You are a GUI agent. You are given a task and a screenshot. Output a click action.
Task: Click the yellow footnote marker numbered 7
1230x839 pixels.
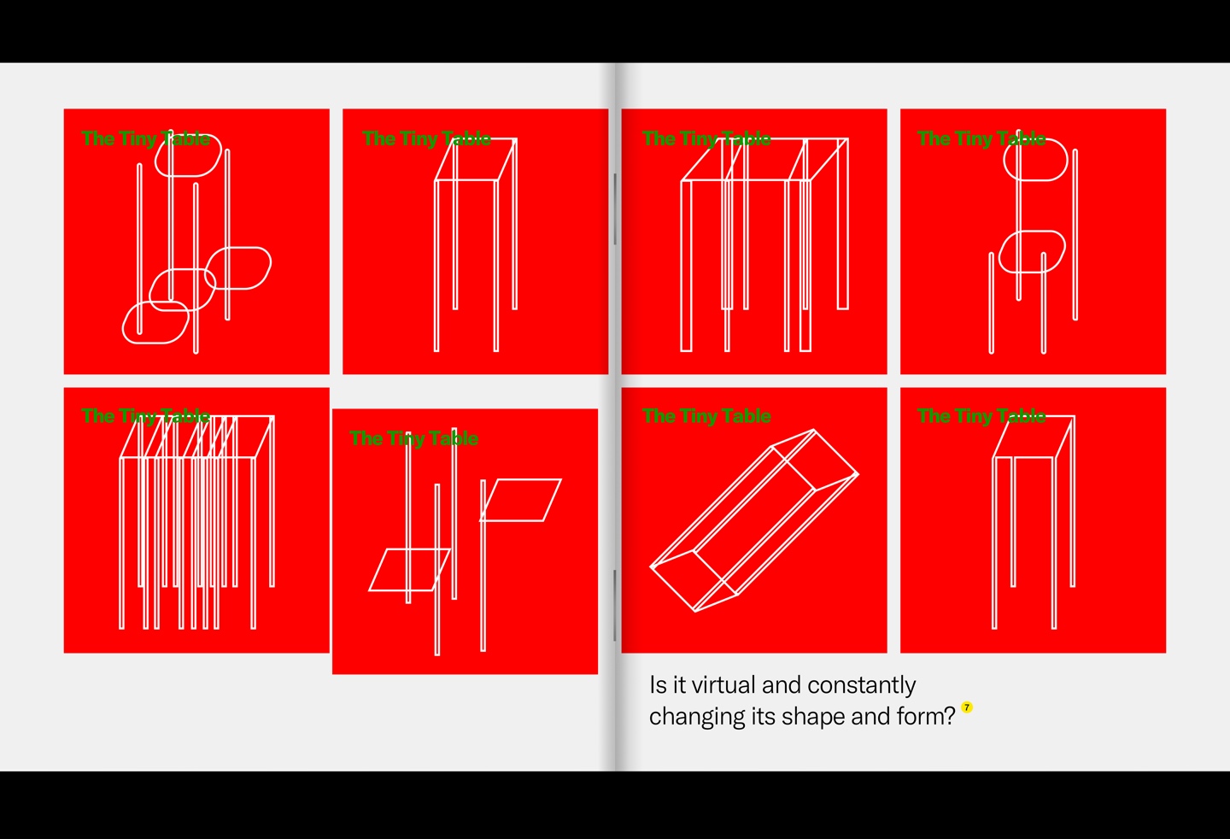point(967,707)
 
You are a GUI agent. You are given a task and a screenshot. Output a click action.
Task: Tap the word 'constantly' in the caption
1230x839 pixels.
point(862,686)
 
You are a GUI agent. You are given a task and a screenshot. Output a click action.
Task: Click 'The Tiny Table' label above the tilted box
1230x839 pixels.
point(706,416)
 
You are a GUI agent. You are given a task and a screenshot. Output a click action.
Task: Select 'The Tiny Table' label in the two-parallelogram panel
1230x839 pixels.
point(413,438)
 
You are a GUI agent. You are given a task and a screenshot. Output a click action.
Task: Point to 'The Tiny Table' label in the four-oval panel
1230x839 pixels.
point(145,138)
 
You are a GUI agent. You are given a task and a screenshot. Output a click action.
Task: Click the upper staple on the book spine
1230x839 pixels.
point(615,208)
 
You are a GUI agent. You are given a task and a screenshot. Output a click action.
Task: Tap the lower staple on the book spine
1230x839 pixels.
point(615,605)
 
